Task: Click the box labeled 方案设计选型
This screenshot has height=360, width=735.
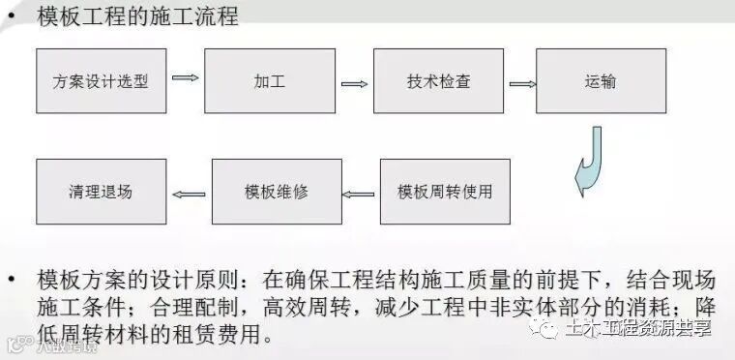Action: [101, 81]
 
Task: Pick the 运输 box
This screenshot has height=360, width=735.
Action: [601, 81]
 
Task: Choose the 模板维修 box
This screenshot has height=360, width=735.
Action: [277, 191]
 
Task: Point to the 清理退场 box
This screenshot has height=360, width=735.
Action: [101, 191]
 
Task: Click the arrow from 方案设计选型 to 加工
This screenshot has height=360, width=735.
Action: [186, 78]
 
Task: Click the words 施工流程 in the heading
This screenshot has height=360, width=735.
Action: [199, 16]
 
